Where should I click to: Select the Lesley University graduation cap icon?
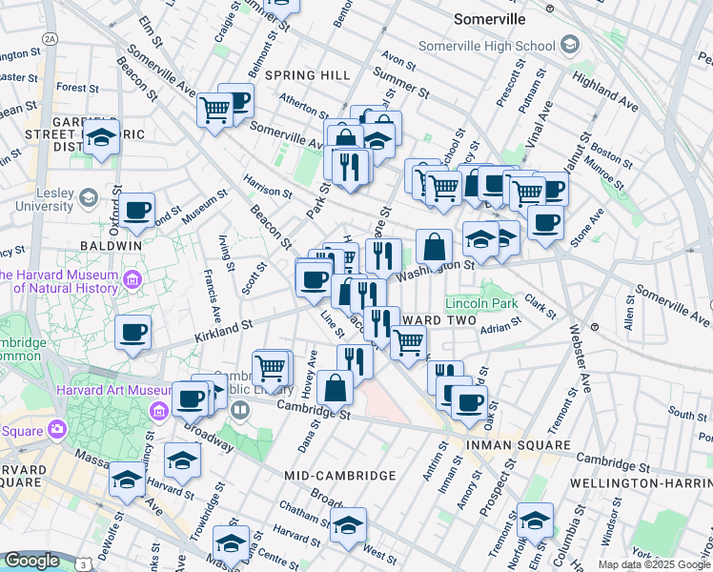(x=89, y=197)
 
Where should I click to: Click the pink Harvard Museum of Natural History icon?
(x=132, y=279)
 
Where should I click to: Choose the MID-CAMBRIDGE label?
(x=339, y=475)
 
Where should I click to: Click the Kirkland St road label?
(x=222, y=330)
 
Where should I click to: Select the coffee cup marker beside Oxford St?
(x=136, y=211)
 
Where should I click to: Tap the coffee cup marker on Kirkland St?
(x=132, y=334)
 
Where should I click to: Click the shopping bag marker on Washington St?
(x=434, y=247)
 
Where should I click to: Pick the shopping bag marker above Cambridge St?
(x=336, y=387)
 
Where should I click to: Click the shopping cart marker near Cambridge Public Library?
(x=271, y=367)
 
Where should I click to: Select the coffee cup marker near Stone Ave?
(x=545, y=223)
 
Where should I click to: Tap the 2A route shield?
(x=51, y=39)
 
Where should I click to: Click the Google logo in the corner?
(x=31, y=561)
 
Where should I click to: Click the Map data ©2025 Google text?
(x=653, y=564)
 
